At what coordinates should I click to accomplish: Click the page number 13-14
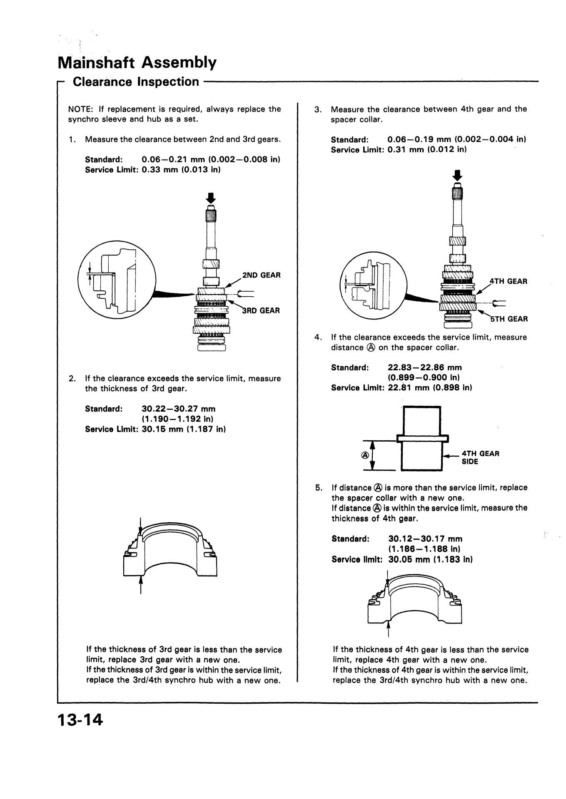pyautogui.click(x=80, y=720)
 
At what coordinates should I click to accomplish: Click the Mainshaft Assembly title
pyautogui.click(x=137, y=63)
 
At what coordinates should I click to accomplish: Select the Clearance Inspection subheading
pyautogui.click(x=136, y=82)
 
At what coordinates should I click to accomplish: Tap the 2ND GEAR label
pyautogui.click(x=261, y=275)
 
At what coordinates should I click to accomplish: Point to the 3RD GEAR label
pyautogui.click(x=261, y=310)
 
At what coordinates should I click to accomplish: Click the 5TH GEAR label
pyautogui.click(x=509, y=319)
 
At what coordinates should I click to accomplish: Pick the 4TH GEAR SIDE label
pyautogui.click(x=480, y=457)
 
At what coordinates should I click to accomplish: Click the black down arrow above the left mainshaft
pyautogui.click(x=211, y=197)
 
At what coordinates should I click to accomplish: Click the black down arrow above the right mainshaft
pyautogui.click(x=458, y=175)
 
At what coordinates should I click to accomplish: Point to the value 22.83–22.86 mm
pyautogui.click(x=425, y=367)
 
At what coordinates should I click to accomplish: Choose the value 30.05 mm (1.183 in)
pyautogui.click(x=430, y=559)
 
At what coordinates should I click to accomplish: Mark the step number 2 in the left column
pyautogui.click(x=72, y=379)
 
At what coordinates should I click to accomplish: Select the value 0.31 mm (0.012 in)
pyautogui.click(x=426, y=149)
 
